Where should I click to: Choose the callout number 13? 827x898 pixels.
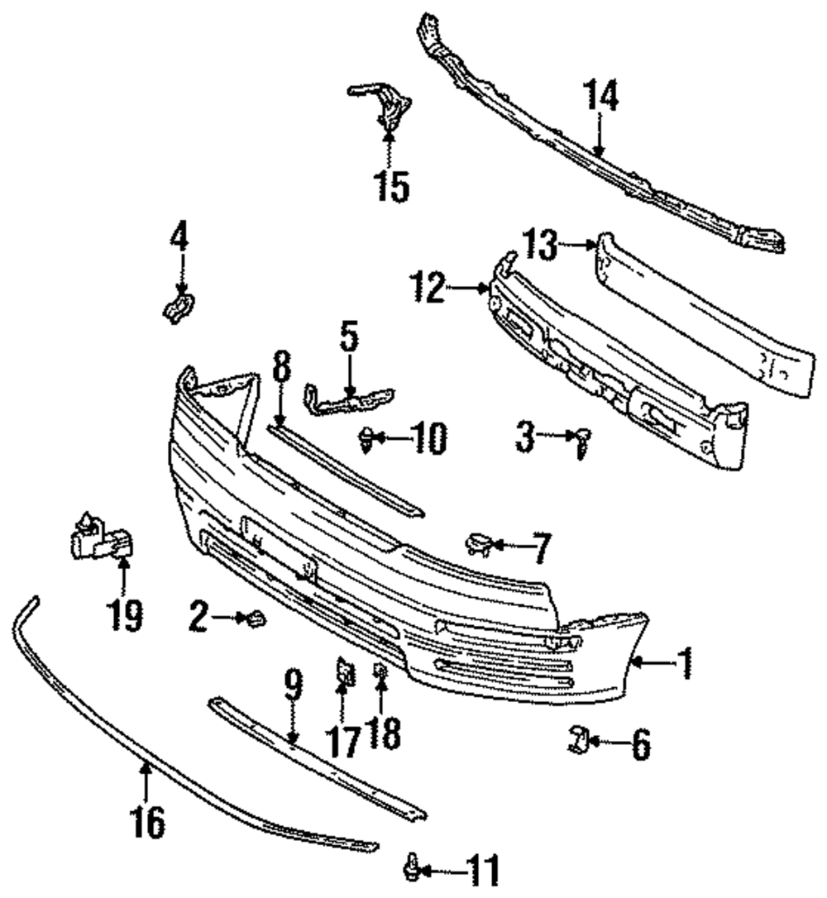(540, 244)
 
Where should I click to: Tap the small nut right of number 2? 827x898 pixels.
(255, 617)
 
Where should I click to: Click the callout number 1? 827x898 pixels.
(685, 662)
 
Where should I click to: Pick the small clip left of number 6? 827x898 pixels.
(577, 738)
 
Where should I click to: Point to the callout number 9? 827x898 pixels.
(292, 686)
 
